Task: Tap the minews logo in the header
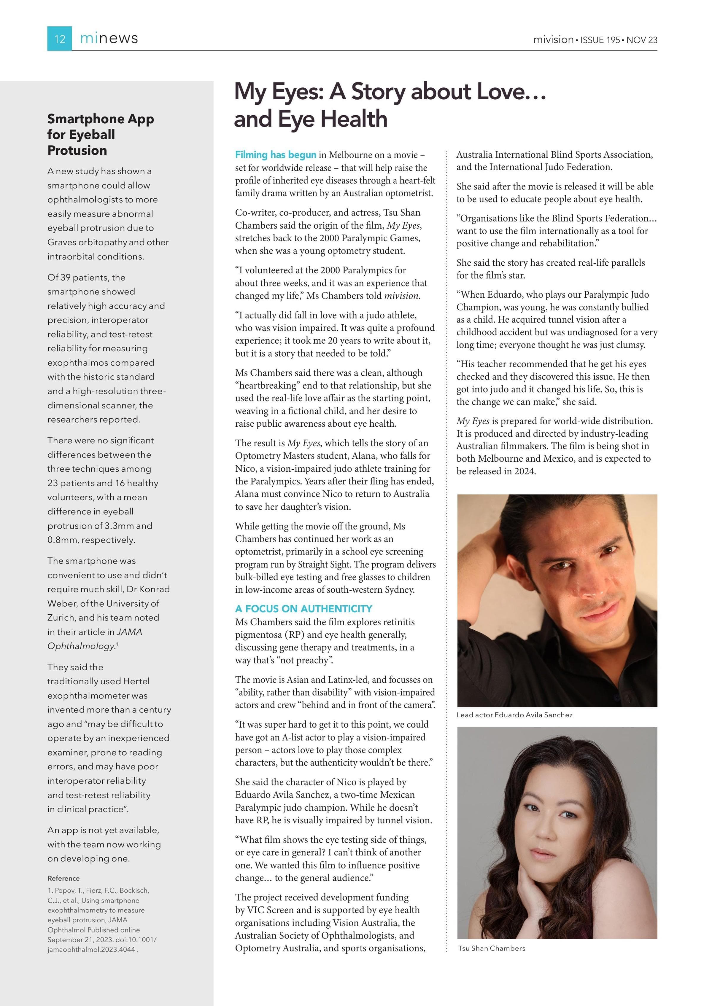pyautogui.click(x=109, y=39)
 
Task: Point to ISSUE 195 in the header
pyautogui.click(x=600, y=40)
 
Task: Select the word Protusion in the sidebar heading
pyautogui.click(x=77, y=150)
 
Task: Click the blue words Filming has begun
pyautogui.click(x=275, y=155)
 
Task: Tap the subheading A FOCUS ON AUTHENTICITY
pyautogui.click(x=303, y=609)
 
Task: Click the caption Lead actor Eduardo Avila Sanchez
pyautogui.click(x=514, y=715)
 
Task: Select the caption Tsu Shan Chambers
pyautogui.click(x=492, y=948)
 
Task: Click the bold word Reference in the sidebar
pyautogui.click(x=63, y=878)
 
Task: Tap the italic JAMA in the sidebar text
pyautogui.click(x=129, y=632)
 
